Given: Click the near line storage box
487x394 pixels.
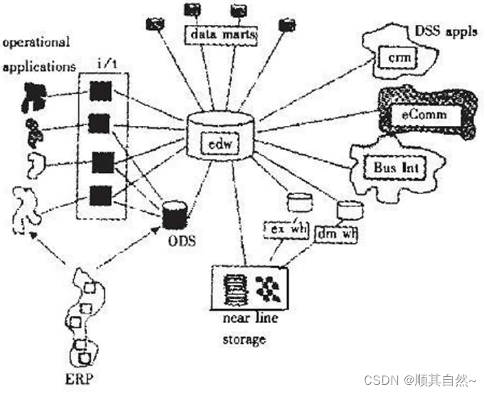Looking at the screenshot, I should [x=251, y=287].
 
